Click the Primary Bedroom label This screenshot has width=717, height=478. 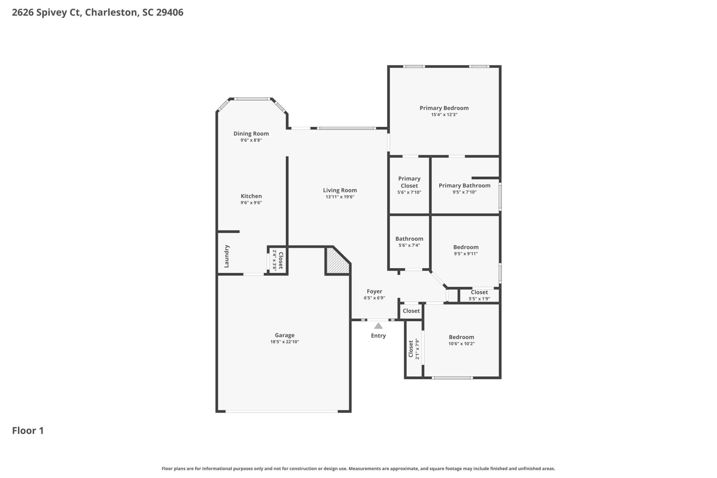coord(444,108)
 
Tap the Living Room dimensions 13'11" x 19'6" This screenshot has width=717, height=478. coord(340,197)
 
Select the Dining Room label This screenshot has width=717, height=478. coord(251,133)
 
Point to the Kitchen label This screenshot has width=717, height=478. coord(251,196)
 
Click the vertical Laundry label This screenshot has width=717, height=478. coord(226,256)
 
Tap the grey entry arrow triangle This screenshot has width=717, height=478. coord(378,326)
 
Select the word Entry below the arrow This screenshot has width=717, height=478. coord(378,336)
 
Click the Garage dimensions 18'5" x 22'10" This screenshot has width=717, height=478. coord(285,342)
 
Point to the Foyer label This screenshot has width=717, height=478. coord(374,291)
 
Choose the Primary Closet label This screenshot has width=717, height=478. coord(409,182)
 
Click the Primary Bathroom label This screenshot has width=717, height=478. coord(464,186)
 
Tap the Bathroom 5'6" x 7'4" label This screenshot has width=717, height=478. coord(409,242)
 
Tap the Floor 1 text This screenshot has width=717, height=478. coord(28,431)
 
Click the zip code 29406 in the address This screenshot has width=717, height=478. coord(170,12)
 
